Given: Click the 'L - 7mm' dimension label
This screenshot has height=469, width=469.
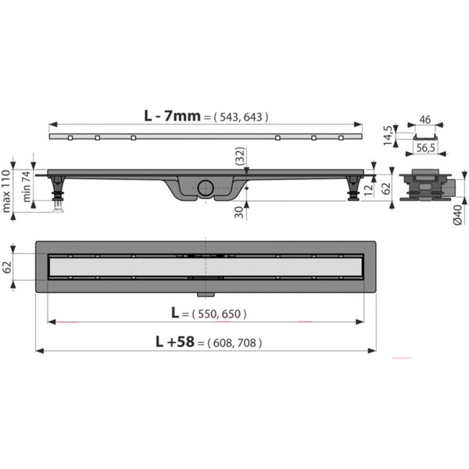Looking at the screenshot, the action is pyautogui.click(x=172, y=116).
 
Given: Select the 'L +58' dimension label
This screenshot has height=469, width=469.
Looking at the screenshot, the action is pyautogui.click(x=175, y=342).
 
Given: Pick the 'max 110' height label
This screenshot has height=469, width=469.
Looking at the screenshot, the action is pyautogui.click(x=6, y=192).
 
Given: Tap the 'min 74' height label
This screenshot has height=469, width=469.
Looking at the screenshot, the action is pyautogui.click(x=27, y=186).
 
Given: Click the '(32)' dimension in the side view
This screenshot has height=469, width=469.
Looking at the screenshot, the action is pyautogui.click(x=240, y=156).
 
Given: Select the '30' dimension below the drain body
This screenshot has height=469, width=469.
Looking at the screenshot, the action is pyautogui.click(x=239, y=212).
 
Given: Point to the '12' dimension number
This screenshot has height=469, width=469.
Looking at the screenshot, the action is pyautogui.click(x=369, y=189).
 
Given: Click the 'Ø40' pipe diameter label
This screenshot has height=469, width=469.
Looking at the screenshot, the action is pyautogui.click(x=458, y=215).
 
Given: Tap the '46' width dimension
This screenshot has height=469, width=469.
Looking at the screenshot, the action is pyautogui.click(x=424, y=120).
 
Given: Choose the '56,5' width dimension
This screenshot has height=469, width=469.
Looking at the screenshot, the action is pyautogui.click(x=426, y=148).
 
